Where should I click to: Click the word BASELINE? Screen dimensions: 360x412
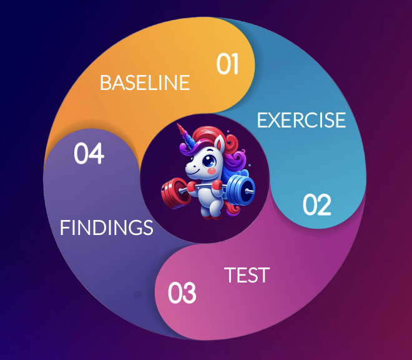pos(144,82)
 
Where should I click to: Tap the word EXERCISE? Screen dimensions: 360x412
pos(301,119)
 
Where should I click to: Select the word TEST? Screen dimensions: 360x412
pos(247,275)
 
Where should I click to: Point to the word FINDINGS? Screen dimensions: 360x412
pos(106,228)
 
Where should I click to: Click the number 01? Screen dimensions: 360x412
pos(228,64)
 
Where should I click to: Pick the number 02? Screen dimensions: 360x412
pos(316,205)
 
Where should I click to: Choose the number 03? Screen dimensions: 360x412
pos(182,293)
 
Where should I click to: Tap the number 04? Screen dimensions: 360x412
pos(89,154)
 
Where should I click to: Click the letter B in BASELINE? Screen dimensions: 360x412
pos(105,82)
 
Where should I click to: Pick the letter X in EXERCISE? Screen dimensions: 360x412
pos(272,119)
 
